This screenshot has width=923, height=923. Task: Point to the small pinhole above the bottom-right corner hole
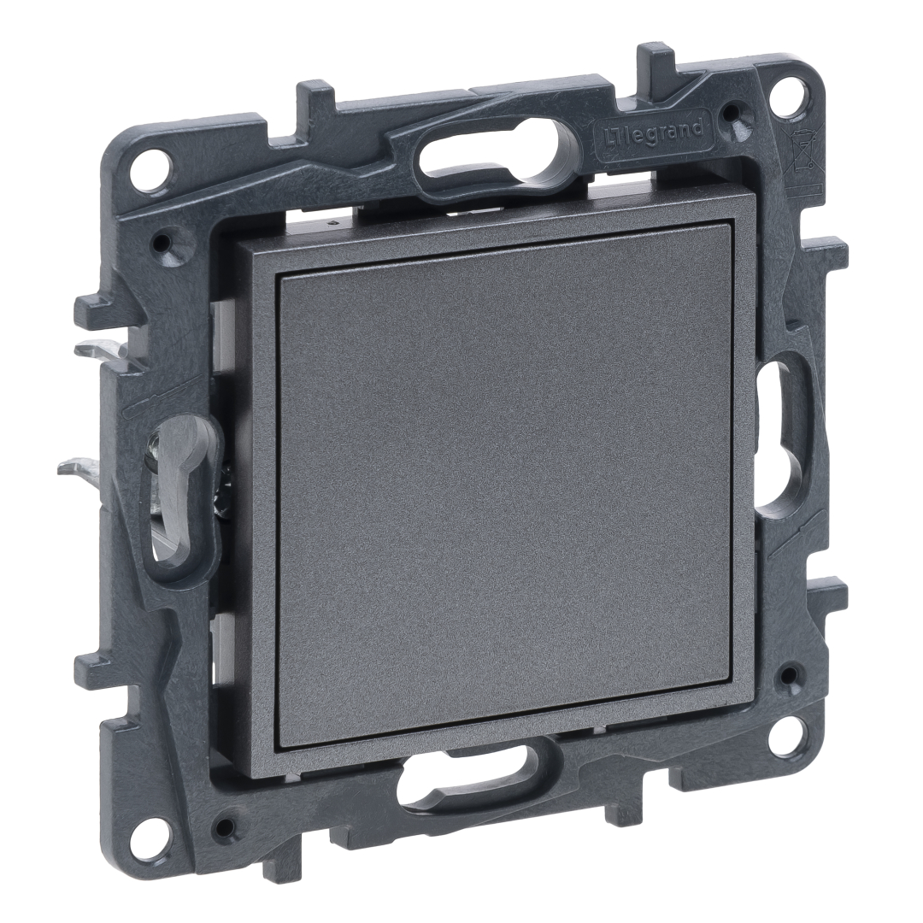click(x=786, y=677)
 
